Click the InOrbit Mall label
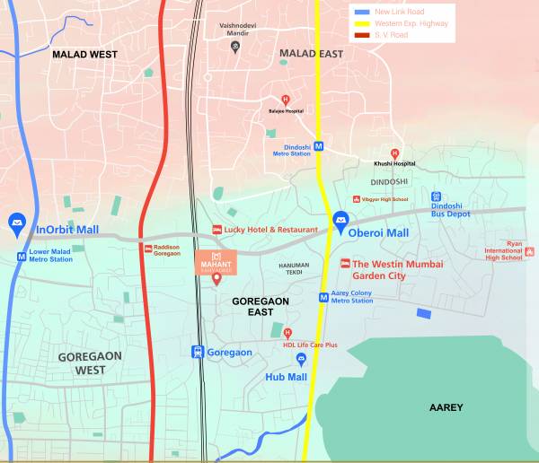67,230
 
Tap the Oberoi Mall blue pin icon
340,220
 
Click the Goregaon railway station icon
198,352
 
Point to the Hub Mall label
286,377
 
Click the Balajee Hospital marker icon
286,100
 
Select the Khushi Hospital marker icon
394,153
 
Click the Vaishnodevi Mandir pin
235,48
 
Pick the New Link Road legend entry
395,11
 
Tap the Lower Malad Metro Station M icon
21,256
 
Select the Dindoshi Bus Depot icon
436,197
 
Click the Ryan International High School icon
530,252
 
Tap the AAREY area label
446,407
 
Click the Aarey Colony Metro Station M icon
323,297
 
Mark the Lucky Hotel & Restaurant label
270,230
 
